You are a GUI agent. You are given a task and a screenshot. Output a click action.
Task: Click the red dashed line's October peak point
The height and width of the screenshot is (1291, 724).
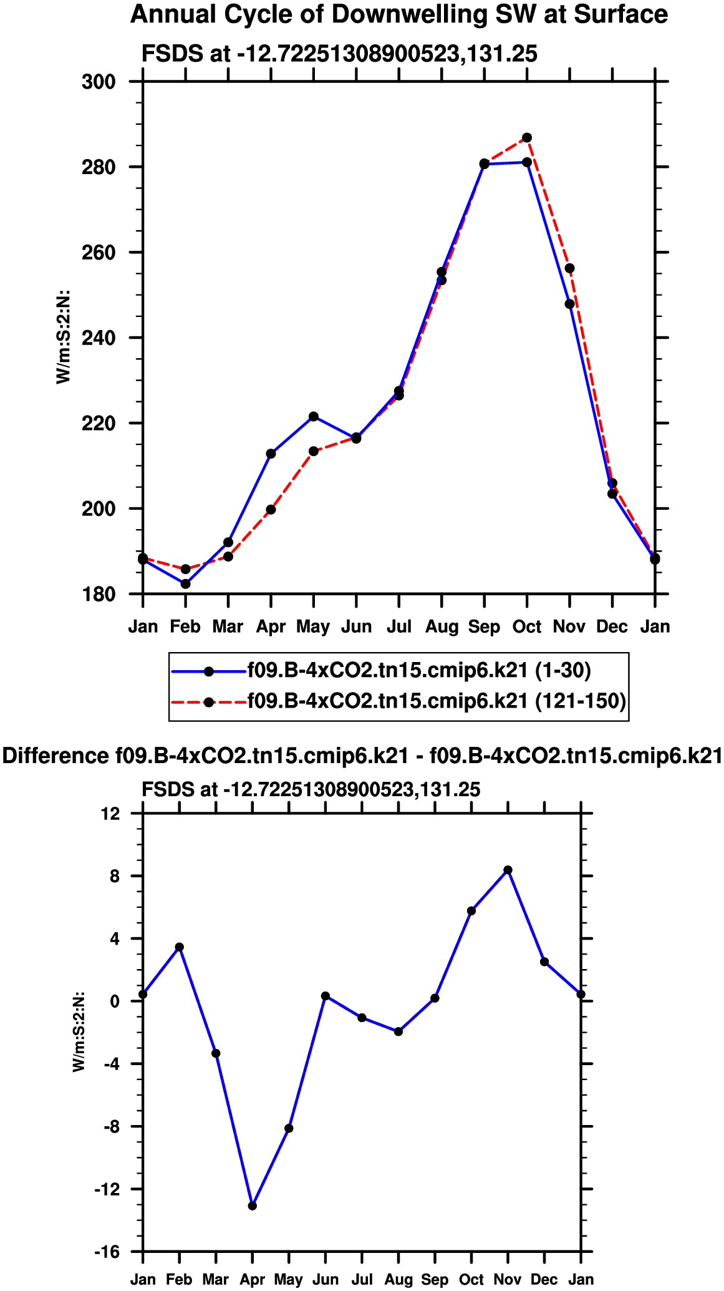527,137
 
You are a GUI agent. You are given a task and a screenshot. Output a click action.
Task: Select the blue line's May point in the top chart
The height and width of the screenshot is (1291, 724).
314,416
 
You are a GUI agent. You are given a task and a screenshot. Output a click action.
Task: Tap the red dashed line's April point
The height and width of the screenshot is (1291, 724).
271,510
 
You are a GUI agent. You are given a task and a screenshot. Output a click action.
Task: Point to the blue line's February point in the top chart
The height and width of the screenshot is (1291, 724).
185,584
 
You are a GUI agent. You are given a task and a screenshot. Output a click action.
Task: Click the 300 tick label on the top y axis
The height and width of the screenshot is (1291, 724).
99,82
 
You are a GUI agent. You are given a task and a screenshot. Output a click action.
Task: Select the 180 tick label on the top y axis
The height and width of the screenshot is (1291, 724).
99,594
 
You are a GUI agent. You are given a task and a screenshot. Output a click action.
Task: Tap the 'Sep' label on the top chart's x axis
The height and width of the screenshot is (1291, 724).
484,626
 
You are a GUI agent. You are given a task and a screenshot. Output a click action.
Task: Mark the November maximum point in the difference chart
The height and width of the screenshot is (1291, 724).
508,870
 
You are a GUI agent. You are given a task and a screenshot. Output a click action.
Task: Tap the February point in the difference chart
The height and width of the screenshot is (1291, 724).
180,947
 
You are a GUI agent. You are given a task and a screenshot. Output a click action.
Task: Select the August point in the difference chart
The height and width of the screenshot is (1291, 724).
398,1031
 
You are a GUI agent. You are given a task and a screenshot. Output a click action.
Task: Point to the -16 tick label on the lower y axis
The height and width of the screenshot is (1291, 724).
107,1252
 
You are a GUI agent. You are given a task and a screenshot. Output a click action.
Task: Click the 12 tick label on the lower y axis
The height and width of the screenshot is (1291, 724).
112,814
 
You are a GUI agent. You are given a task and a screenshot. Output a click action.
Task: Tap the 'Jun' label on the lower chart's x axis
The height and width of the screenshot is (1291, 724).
326,1280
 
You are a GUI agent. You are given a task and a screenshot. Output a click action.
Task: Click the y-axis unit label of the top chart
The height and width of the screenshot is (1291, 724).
64,337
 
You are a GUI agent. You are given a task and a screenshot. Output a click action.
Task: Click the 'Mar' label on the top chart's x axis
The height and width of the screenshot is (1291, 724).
228,626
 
